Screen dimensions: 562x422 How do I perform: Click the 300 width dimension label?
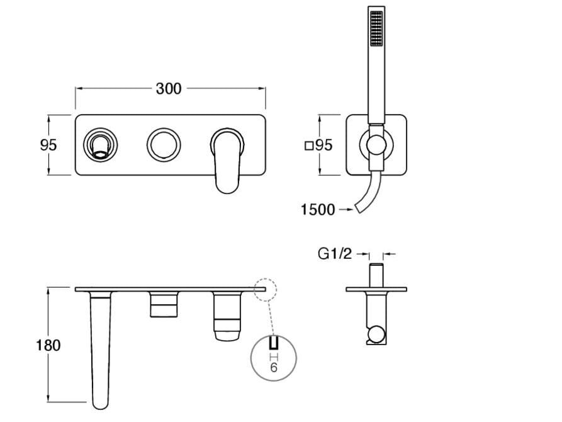(169, 89)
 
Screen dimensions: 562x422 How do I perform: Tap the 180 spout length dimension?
(48, 345)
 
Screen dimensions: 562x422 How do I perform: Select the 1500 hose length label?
(318, 210)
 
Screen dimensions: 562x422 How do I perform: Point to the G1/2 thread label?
(335, 254)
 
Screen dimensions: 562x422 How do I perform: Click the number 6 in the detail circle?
(274, 367)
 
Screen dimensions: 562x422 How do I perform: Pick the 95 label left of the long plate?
(48, 145)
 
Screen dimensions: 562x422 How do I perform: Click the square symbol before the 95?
(309, 145)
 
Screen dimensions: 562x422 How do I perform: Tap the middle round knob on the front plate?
(164, 145)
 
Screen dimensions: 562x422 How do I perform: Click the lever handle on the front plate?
(227, 161)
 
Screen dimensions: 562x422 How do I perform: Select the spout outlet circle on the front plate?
(101, 145)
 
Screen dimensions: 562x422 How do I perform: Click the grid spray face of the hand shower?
(376, 28)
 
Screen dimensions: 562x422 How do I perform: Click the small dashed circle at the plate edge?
(266, 290)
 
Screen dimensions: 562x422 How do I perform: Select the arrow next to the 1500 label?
(346, 209)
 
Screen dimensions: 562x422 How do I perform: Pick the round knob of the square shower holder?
(376, 145)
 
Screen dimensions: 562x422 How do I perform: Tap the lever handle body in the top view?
(227, 316)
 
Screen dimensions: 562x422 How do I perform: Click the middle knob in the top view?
(164, 304)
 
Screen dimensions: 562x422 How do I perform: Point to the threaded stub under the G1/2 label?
(376, 275)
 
